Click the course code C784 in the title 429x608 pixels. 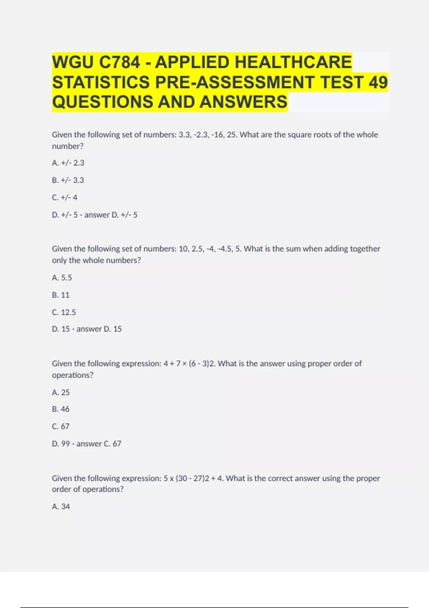[x=119, y=62]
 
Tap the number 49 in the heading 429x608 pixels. [x=378, y=82]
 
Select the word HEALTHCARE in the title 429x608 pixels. [x=294, y=62]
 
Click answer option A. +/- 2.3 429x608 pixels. [x=68, y=163]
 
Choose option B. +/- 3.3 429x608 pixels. [x=68, y=180]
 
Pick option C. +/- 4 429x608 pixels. [x=65, y=197]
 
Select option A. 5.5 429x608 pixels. [x=62, y=278]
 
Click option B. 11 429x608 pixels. [x=61, y=295]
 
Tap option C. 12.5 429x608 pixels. [x=64, y=312]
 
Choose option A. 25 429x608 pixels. [x=61, y=392]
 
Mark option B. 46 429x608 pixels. [x=61, y=409]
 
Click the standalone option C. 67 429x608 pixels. [x=61, y=426]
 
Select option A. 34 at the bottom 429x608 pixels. [x=61, y=506]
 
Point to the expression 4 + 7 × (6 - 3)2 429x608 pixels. [x=189, y=364]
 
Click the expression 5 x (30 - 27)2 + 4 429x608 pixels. [x=193, y=479]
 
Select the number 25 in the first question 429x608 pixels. [x=232, y=135]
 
